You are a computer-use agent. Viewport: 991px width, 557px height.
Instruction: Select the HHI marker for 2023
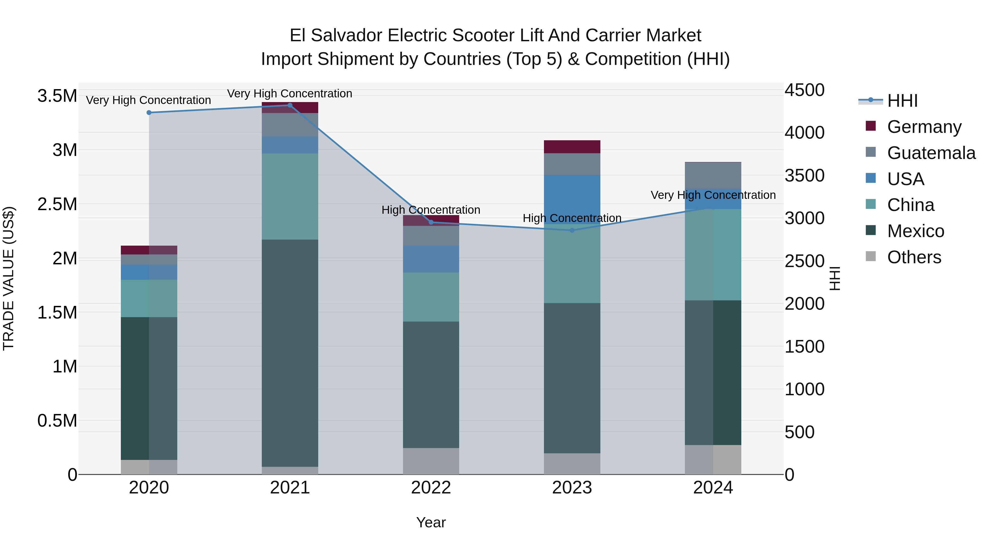pos(572,230)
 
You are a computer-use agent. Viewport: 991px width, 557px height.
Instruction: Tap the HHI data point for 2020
pos(149,113)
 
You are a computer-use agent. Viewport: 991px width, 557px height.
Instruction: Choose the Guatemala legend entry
pos(931,153)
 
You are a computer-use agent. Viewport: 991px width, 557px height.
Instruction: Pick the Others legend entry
pos(914,257)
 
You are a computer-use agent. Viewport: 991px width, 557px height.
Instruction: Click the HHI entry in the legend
pos(902,101)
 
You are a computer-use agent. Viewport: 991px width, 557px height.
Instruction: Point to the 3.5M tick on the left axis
pos(57,96)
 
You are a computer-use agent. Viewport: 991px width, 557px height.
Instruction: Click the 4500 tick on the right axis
pos(804,90)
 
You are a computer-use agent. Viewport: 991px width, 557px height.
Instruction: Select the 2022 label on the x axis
pos(431,488)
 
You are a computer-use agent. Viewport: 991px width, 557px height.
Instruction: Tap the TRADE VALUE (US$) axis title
pos(9,278)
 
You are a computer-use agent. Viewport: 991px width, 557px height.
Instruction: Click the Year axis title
pos(431,522)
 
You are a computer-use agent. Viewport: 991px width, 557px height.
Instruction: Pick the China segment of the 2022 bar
pos(431,297)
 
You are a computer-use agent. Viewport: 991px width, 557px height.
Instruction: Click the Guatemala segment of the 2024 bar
pos(713,176)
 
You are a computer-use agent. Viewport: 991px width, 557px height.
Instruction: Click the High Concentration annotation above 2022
pos(431,210)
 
